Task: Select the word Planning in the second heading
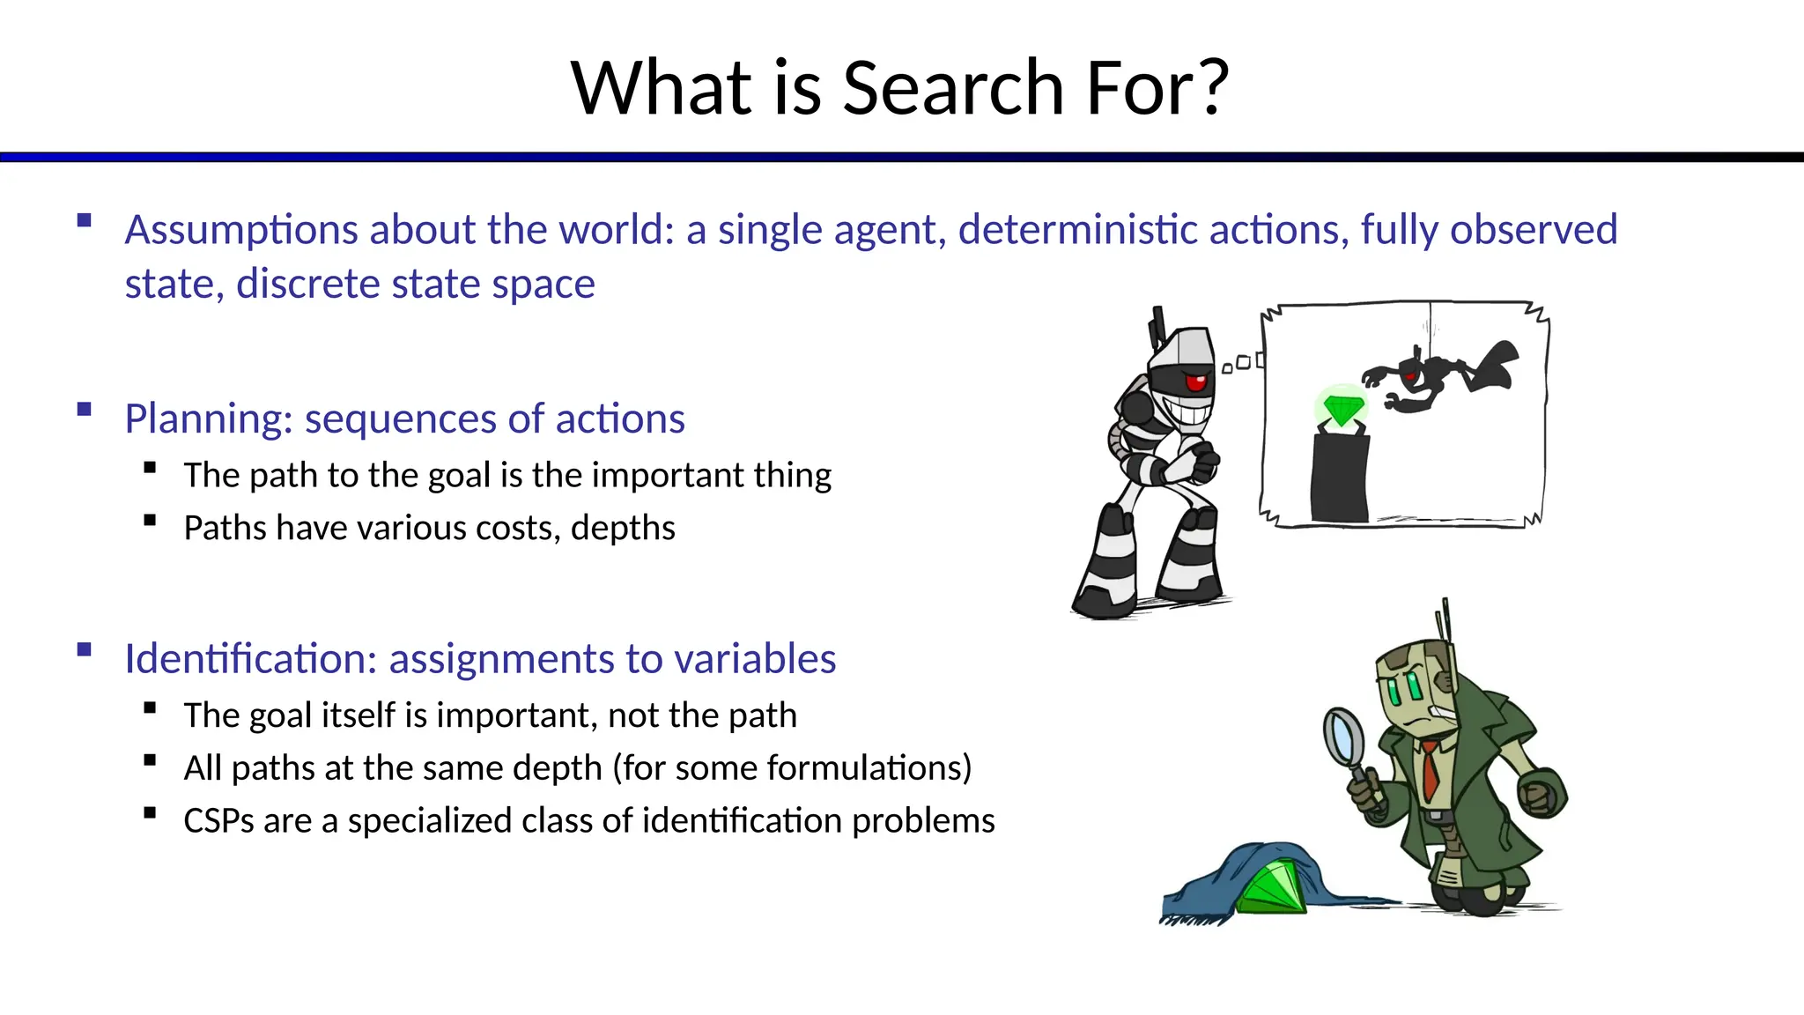208,419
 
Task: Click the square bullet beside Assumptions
85,220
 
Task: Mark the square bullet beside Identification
85,650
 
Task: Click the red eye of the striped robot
1196,382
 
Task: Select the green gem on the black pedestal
1342,410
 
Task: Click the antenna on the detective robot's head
1445,621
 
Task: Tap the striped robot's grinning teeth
1186,412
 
